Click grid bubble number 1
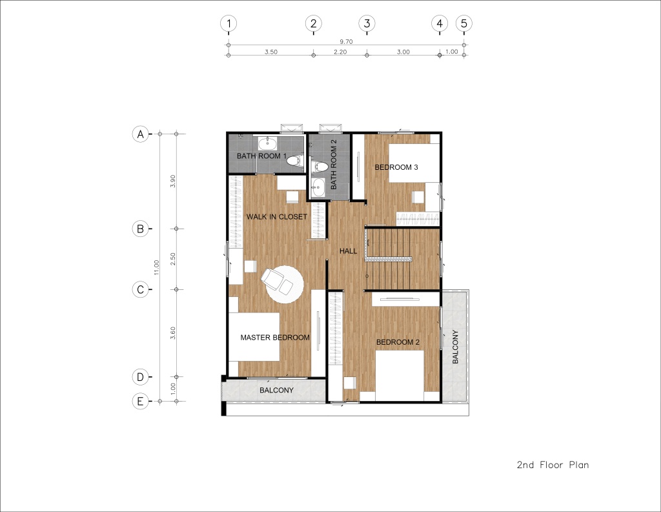229,23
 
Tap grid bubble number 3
367,23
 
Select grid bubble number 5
463,23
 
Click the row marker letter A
140,134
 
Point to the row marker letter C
140,289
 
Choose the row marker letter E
140,401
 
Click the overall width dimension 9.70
346,41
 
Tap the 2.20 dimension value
340,52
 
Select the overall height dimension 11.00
156,267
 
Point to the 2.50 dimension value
173,259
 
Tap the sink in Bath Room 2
318,187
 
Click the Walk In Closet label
276,217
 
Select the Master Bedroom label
275,338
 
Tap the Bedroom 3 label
396,167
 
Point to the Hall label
348,251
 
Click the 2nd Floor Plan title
553,465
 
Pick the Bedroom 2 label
398,342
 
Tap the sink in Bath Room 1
268,144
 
